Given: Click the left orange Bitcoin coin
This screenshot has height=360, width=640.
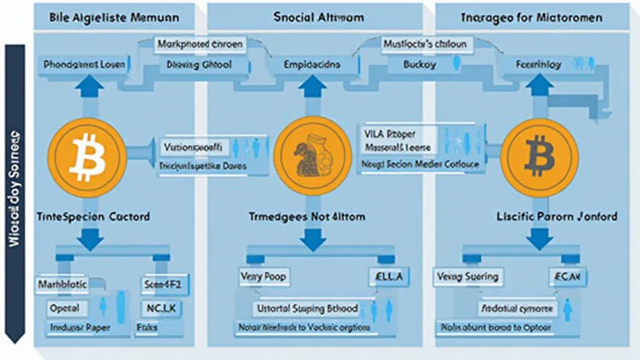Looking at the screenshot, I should click(87, 155).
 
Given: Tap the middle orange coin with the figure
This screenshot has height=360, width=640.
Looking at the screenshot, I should click(312, 155).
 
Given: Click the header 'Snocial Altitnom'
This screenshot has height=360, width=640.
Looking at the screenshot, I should click(319, 17).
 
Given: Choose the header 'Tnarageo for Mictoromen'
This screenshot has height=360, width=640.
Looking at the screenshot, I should click(531, 17).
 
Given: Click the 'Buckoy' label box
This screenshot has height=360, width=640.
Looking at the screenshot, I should click(420, 64).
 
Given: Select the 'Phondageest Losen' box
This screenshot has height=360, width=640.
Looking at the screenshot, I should click(84, 64).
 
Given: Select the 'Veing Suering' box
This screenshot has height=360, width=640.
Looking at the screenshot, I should click(467, 276).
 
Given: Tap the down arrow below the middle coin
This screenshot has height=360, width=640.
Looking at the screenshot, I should click(312, 238).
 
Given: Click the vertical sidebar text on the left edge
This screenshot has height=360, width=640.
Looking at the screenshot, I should click(14, 187).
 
